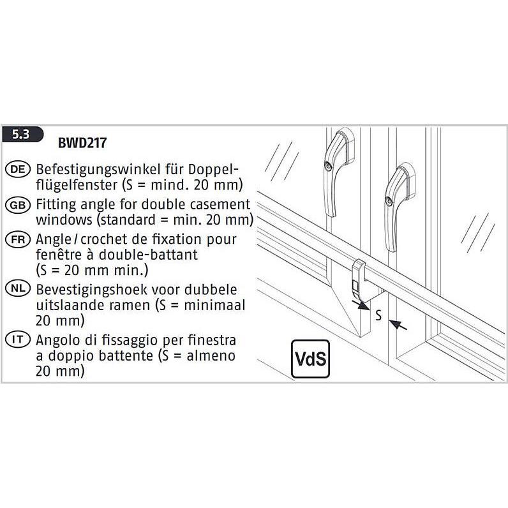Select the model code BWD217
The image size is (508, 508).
pos(82,143)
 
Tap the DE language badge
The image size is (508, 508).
pos(18,169)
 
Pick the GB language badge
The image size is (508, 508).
pos(18,205)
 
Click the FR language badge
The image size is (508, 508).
pos(18,240)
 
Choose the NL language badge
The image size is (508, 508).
pos(18,288)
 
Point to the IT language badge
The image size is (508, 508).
pos(18,340)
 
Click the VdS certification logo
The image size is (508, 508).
pos(310,359)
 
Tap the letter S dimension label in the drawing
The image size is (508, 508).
pos(378,315)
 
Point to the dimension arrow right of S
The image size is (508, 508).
pos(398,325)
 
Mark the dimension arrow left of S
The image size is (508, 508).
pos(361,305)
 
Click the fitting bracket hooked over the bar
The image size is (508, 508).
pos(359,281)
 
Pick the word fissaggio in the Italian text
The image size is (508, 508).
pos(130,340)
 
